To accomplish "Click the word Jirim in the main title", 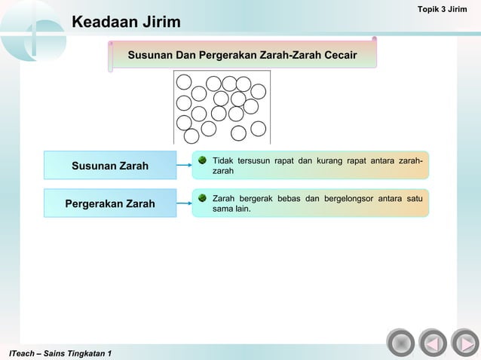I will tap(159, 23).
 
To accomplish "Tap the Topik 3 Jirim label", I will tap(447, 8).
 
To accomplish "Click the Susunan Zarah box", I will tap(110, 166).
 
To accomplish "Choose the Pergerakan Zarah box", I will tap(110, 203).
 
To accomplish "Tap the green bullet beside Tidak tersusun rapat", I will tap(202, 160).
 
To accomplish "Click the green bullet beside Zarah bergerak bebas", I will tap(202, 198).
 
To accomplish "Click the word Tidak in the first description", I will tap(224, 161).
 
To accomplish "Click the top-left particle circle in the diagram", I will tap(184, 82).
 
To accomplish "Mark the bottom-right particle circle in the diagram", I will tap(258, 129).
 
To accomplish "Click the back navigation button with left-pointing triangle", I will tap(432, 343).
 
